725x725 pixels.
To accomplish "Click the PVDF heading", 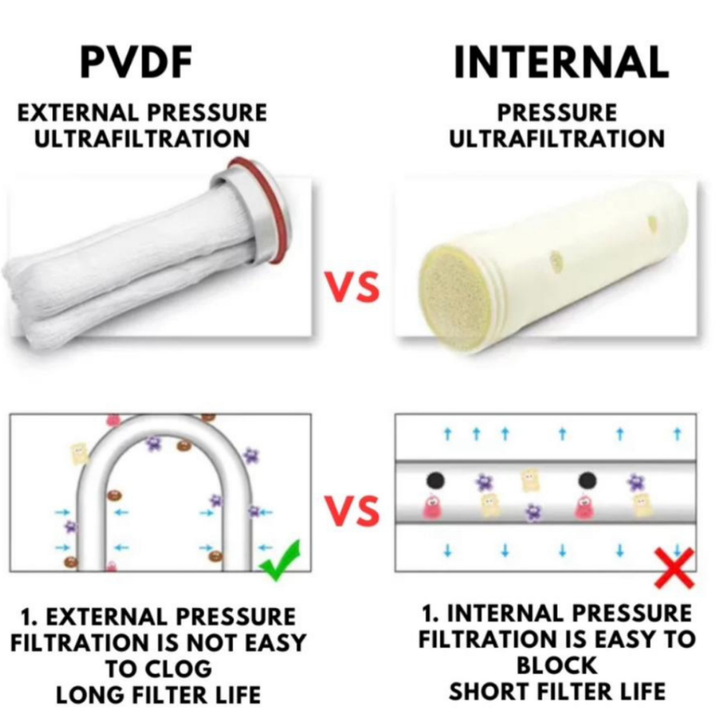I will pyautogui.click(x=136, y=62).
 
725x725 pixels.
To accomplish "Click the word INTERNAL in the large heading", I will pyautogui.click(x=561, y=62).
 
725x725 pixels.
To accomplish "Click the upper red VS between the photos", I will pyautogui.click(x=353, y=288).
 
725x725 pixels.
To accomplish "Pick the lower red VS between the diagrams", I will pyautogui.click(x=353, y=511).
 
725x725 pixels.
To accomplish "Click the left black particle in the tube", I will pyautogui.click(x=435, y=481).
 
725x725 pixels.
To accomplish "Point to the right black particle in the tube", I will pyautogui.click(x=587, y=481).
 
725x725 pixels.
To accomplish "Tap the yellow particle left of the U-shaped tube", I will pyautogui.click(x=79, y=453).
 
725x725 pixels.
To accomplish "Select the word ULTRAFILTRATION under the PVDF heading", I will pyautogui.click(x=142, y=138).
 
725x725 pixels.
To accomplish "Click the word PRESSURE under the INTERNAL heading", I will pyautogui.click(x=556, y=113).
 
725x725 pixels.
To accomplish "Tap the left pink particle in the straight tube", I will pyautogui.click(x=432, y=507).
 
